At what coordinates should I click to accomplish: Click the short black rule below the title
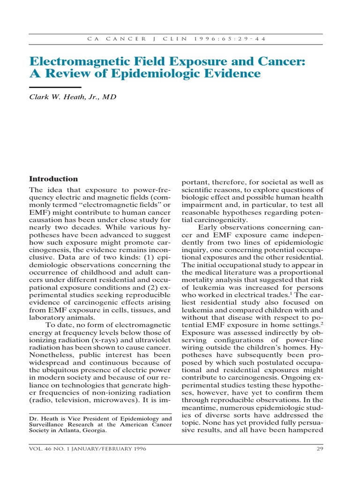coord(55,87)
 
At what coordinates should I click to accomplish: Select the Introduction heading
coord(53,179)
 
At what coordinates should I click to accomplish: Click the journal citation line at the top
coord(176,39)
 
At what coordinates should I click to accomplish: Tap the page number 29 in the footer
coord(319,449)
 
